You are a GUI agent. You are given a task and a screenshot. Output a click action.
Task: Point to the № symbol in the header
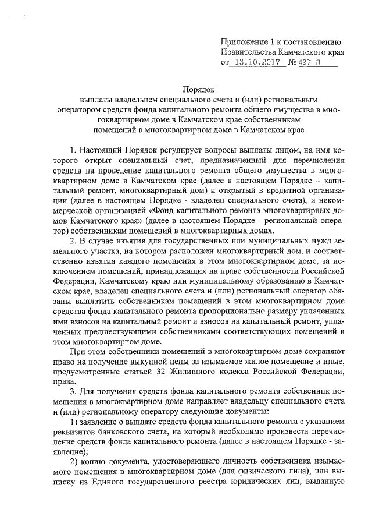coord(293,63)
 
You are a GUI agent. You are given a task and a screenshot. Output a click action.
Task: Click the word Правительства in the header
coord(251,52)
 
